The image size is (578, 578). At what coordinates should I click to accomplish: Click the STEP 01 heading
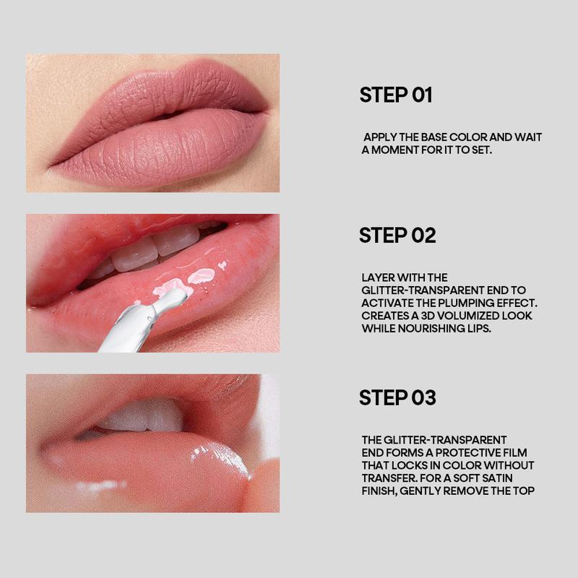(395, 95)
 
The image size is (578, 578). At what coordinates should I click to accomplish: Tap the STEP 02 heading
(397, 236)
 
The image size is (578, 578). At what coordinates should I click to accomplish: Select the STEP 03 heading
(397, 397)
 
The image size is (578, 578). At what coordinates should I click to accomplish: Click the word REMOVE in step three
(466, 491)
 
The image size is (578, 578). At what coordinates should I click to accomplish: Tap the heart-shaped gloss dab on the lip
(223, 264)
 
